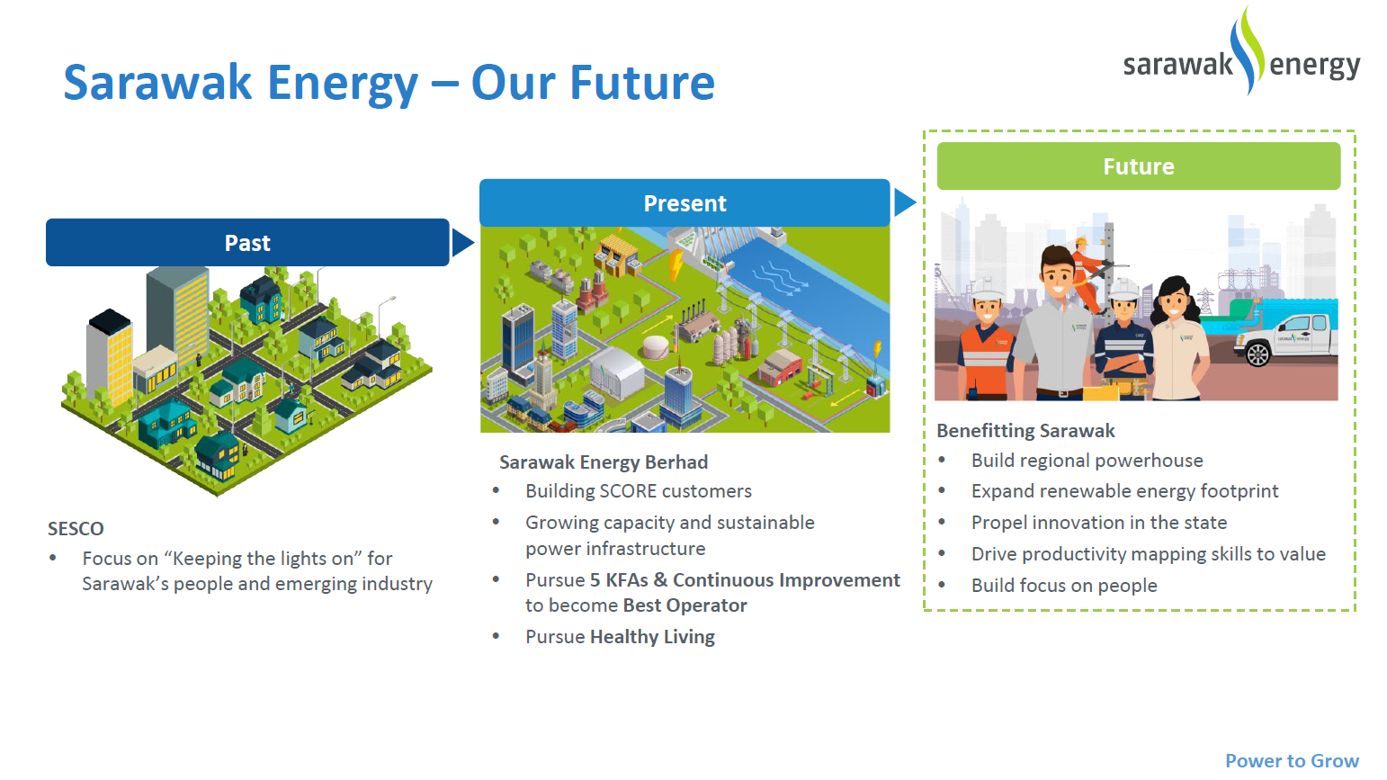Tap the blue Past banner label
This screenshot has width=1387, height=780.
[247, 242]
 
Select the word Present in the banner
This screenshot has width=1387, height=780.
[685, 203]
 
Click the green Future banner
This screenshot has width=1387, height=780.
[1138, 166]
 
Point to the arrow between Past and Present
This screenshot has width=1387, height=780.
[462, 242]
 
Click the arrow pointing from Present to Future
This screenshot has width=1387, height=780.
[905, 202]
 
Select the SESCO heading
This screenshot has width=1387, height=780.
[76, 528]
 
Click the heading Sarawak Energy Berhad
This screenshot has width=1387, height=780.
[603, 462]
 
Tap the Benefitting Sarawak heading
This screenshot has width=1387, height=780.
[1025, 431]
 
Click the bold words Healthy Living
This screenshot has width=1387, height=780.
[652, 637]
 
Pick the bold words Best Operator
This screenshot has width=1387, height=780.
[685, 605]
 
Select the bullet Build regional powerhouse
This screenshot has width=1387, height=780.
[1087, 461]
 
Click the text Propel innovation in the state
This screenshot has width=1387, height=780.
[1098, 523]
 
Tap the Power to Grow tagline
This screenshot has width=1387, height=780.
[1292, 760]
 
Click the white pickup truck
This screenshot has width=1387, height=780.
[1285, 339]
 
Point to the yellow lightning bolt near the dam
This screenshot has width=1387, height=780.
[675, 264]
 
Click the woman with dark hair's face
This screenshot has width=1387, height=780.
[1176, 306]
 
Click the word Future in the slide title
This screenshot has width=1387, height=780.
[642, 83]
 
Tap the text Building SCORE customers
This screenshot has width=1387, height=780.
[639, 491]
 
